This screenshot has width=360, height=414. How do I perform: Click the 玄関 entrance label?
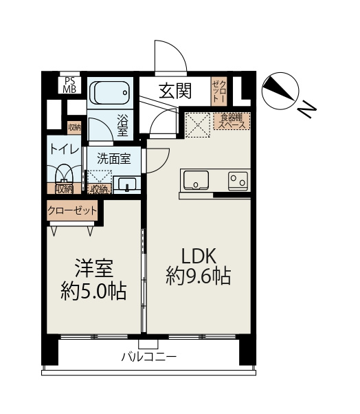click(x=175, y=90)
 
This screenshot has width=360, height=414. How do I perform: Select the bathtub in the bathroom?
click(x=111, y=92)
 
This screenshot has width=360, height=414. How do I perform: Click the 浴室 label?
click(x=123, y=123)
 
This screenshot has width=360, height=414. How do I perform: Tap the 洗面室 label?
click(x=113, y=157)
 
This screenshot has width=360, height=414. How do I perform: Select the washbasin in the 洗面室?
click(x=128, y=184)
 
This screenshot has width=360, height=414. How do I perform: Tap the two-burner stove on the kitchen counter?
click(x=238, y=180)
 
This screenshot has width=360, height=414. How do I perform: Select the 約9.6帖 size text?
click(x=198, y=279)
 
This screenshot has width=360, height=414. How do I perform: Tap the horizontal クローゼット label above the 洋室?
click(x=73, y=210)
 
